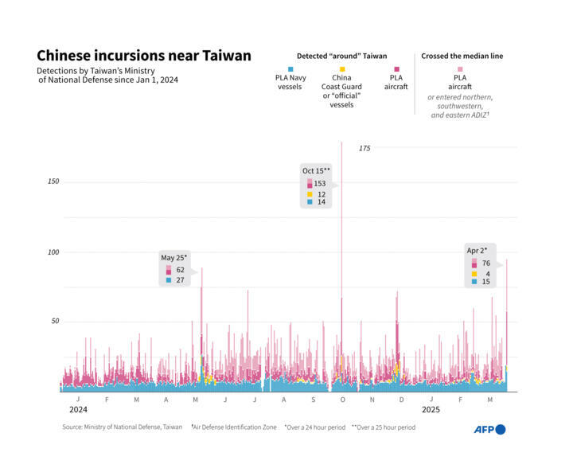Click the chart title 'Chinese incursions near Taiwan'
(144, 56)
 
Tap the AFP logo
(489, 429)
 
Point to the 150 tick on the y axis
(53, 181)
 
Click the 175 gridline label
(364, 148)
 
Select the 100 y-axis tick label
(53, 252)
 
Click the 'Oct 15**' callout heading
(316, 170)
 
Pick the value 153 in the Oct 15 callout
(320, 184)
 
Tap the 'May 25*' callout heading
(173, 257)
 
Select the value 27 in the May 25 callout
(180, 280)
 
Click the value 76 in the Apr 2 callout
(485, 263)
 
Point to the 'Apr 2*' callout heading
(477, 251)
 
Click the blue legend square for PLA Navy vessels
(290, 69)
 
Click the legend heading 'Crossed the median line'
(462, 56)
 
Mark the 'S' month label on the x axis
(313, 399)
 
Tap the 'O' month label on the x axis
(342, 399)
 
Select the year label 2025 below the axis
(431, 409)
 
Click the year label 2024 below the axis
(78, 409)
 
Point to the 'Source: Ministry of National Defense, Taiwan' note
(123, 427)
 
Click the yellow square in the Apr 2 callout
(474, 273)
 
